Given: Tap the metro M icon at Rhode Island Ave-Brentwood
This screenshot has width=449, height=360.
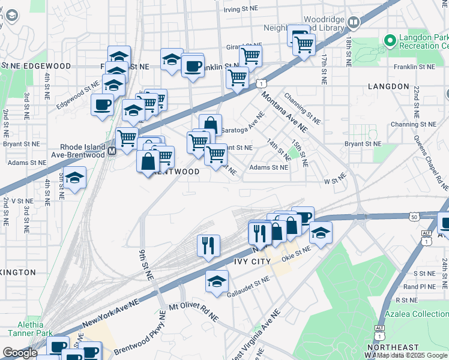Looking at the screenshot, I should (112, 152).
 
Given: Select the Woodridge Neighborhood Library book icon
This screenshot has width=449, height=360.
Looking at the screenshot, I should (354, 23).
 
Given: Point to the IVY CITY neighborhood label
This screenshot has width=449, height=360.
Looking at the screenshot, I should (253, 262).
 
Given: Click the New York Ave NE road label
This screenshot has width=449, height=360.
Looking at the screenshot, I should (110, 313).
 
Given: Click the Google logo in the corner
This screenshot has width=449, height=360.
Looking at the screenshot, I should (20, 352).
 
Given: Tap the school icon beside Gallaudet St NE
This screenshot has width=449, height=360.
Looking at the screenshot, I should (217, 281).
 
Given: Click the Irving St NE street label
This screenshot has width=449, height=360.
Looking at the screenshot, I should (241, 10).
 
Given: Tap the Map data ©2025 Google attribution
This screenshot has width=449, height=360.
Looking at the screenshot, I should (412, 356).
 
